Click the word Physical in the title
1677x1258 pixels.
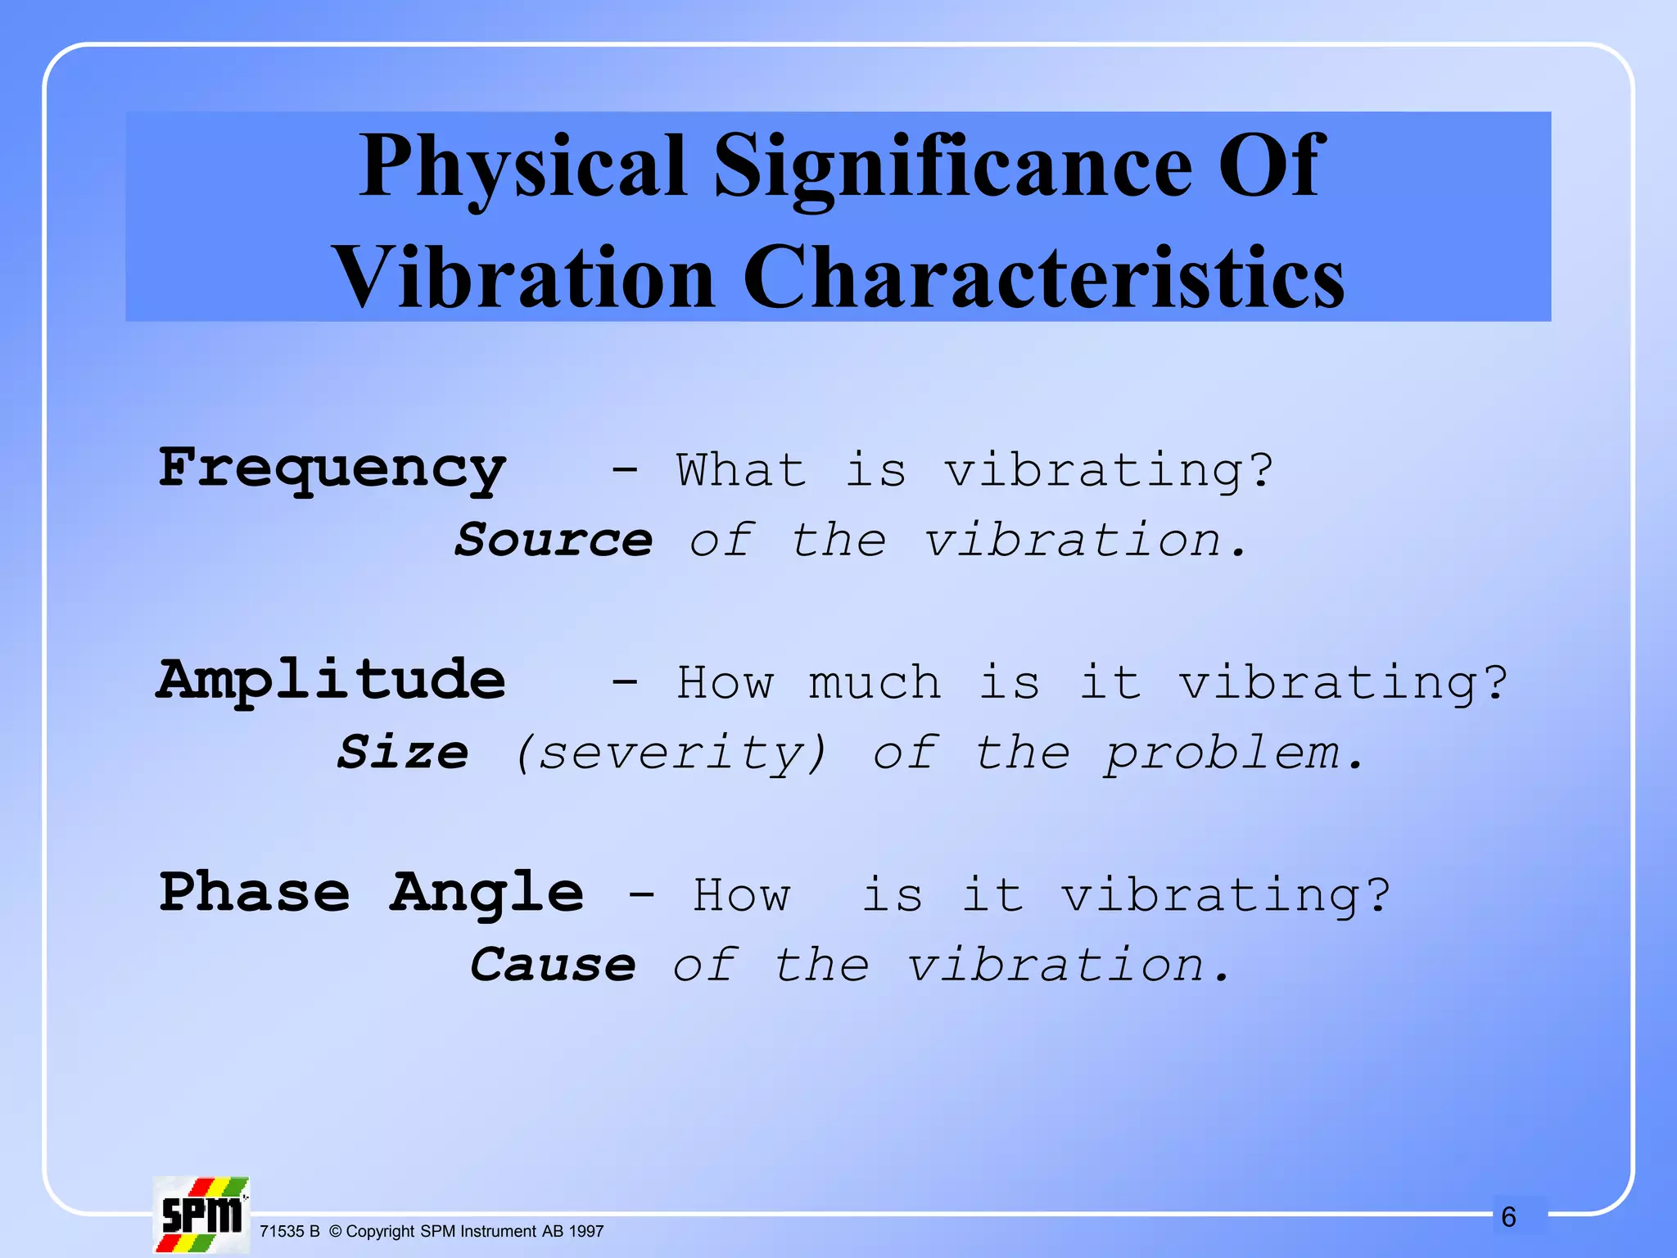[x=522, y=168]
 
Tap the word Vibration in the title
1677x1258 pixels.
[x=524, y=278]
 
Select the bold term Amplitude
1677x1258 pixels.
[x=332, y=681]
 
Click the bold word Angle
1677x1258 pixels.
[x=486, y=894]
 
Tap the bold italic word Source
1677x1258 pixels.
[x=554, y=541]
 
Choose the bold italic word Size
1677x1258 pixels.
[x=403, y=753]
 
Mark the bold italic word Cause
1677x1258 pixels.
[x=554, y=965]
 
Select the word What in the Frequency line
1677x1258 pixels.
[x=741, y=471]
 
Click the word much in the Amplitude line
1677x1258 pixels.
[x=875, y=683]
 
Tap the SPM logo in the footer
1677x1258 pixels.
[x=201, y=1215]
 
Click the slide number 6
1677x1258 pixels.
[x=1508, y=1217]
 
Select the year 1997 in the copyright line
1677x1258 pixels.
[x=585, y=1232]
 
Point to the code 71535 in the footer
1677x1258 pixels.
[x=281, y=1232]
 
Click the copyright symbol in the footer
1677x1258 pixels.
[x=335, y=1232]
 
